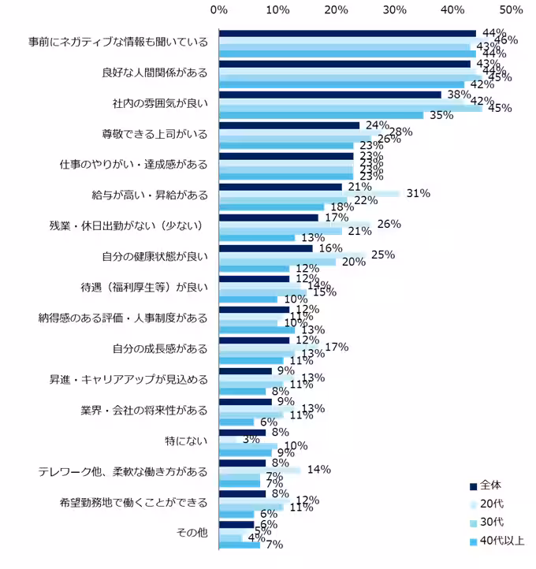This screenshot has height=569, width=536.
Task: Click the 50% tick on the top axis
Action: pos(511,10)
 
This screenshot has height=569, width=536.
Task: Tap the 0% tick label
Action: pos(220,10)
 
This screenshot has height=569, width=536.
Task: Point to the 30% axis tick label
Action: pos(395,10)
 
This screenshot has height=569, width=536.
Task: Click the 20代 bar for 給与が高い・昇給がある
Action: pos(309,193)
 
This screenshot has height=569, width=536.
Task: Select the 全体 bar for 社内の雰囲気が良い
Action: pos(330,95)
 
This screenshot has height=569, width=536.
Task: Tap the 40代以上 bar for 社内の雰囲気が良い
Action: pos(321,115)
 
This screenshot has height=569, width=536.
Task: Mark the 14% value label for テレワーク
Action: pos(318,470)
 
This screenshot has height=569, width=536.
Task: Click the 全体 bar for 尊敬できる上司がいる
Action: pos(289,125)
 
